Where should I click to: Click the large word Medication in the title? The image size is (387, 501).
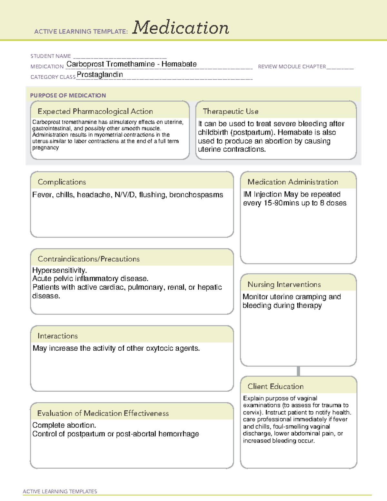click(181, 28)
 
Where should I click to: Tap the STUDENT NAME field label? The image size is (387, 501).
click(51, 56)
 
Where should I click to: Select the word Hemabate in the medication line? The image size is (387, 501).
click(179, 64)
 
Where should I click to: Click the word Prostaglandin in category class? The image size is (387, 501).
click(100, 75)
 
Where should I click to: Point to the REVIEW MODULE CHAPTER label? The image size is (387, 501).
click(292, 66)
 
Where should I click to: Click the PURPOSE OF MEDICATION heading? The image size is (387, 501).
click(68, 95)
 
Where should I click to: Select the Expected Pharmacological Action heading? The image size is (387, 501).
click(95, 111)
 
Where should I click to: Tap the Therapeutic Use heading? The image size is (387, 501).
click(231, 111)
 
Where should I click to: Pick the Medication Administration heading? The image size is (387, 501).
click(293, 182)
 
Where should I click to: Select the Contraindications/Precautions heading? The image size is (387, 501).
click(89, 259)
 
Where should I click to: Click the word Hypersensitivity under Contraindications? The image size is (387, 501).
click(59, 270)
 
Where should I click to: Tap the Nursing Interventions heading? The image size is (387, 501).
click(284, 285)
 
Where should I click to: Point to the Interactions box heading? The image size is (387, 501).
click(57, 336)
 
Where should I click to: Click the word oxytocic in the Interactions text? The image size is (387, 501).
click(160, 348)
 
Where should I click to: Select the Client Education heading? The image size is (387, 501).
click(275, 386)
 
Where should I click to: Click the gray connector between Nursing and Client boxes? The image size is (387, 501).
click(298, 371)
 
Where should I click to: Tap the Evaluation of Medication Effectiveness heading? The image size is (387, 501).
click(103, 413)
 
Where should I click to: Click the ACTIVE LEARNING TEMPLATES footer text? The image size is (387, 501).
click(60, 491)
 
